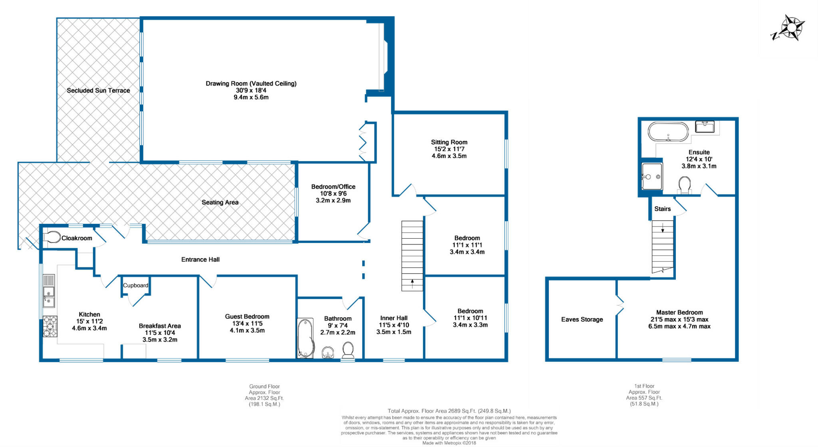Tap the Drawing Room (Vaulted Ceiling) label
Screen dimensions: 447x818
pos(251,83)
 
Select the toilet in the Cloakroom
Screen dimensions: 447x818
pos(51,237)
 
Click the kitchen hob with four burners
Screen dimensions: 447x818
pos(50,326)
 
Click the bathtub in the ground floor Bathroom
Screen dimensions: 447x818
pos(305,338)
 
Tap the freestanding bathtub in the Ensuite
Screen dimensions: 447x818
pos(668,132)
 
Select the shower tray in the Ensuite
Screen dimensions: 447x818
pos(652,176)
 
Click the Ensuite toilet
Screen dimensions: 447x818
pos(685,185)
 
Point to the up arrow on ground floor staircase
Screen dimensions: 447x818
pos(412,283)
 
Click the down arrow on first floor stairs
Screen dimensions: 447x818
pos(663,228)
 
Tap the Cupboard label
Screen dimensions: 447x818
pos(135,285)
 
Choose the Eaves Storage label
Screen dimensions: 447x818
pos(582,319)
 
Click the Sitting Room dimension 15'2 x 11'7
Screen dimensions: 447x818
pos(449,149)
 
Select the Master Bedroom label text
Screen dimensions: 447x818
pos(679,313)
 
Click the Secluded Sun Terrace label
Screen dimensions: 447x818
pos(98,91)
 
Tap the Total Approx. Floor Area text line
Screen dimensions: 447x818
pos(449,411)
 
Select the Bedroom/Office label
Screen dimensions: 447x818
pos(333,186)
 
